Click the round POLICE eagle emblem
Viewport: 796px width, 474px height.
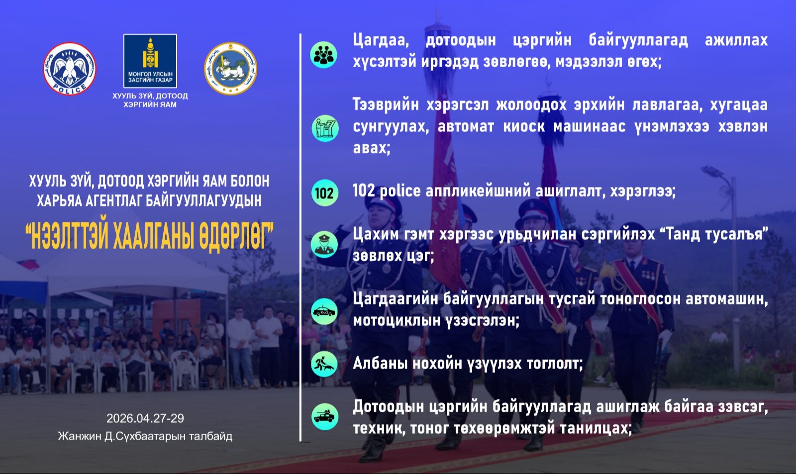(70, 69)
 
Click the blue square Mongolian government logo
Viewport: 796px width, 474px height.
(150, 61)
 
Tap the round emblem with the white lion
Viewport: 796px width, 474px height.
(231, 69)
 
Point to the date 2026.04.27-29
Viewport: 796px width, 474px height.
(145, 418)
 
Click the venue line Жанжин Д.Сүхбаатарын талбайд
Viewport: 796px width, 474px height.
(145, 436)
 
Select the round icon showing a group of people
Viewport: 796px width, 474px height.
(324, 55)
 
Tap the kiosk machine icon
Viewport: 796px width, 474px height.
(325, 128)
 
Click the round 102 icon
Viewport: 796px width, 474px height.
(324, 193)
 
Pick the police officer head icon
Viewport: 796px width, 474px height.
(324, 245)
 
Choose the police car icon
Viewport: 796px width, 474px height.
(324, 311)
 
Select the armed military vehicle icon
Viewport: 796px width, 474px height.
(325, 416)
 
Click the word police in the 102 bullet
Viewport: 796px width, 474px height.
(400, 191)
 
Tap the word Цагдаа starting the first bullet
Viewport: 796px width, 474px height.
(381, 40)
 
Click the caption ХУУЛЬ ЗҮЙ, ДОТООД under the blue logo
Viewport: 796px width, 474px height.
(150, 96)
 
